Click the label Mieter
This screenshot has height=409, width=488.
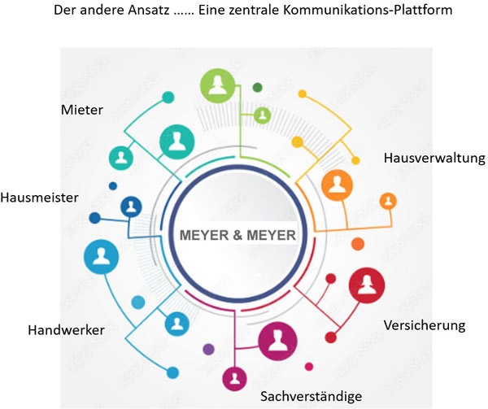click(x=81, y=109)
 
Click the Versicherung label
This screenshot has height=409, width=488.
click(x=424, y=325)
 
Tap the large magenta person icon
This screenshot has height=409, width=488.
click(x=277, y=340)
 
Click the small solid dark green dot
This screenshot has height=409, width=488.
click(x=257, y=86)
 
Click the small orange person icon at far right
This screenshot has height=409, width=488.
click(x=388, y=201)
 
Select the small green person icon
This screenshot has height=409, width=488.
click(x=263, y=115)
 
